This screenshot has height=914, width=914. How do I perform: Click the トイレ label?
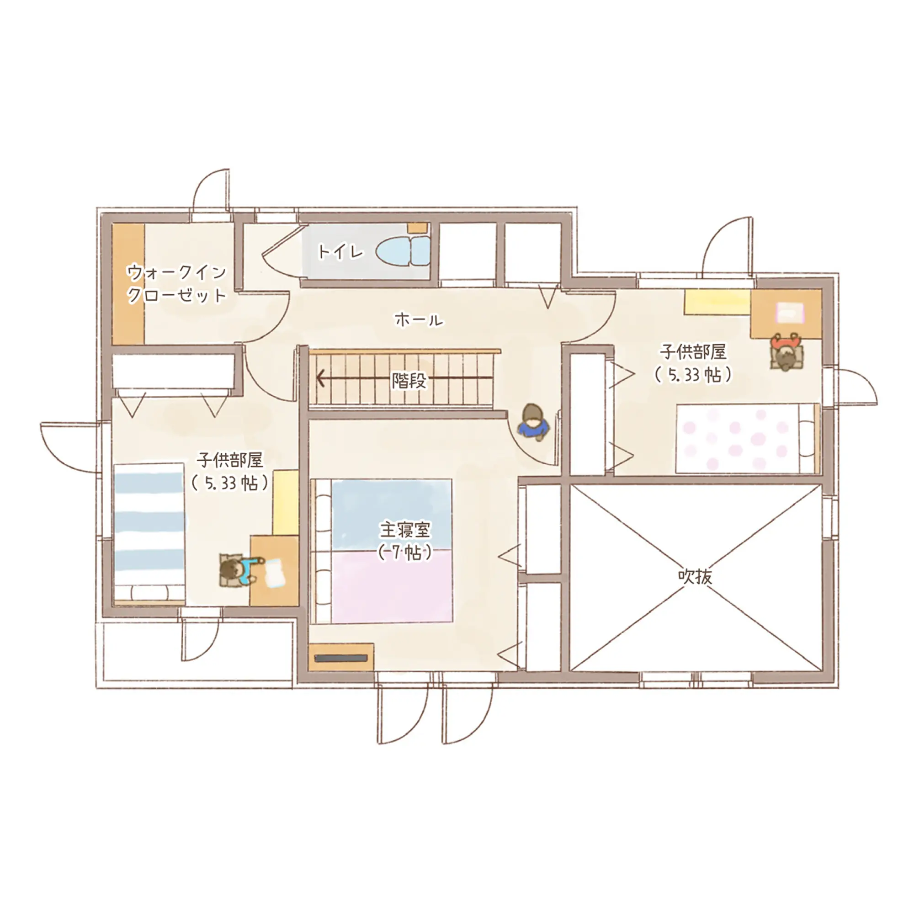click(340, 252)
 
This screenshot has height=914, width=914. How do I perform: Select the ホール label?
click(419, 320)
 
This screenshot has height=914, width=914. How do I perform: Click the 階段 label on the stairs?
click(409, 380)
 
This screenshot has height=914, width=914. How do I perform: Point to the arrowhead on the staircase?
click(321, 378)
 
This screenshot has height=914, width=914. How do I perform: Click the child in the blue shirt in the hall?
click(534, 421)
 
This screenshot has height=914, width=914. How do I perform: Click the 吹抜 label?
click(695, 577)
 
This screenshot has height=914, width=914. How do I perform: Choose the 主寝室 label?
click(405, 530)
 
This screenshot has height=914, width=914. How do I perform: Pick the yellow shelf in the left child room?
click(285, 502)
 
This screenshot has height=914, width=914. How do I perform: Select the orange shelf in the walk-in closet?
click(128, 284)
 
